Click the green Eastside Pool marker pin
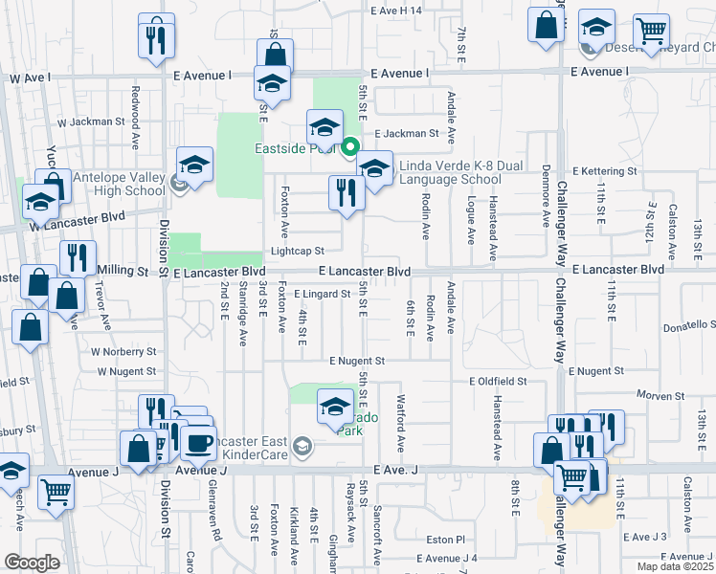click(350, 147)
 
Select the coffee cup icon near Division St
click(200, 442)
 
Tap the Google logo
click(32, 563)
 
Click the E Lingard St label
click(322, 294)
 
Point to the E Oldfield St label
click(498, 381)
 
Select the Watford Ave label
click(401, 418)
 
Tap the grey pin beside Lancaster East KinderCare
click(302, 446)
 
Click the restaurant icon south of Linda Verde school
click(343, 192)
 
